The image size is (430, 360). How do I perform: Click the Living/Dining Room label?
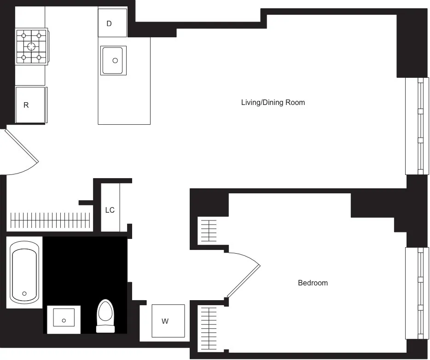pyautogui.click(x=273, y=102)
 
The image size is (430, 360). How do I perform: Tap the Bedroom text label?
pyautogui.click(x=313, y=283)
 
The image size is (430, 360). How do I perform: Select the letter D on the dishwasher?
pyautogui.click(x=109, y=23)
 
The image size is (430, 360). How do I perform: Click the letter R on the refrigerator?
pyautogui.click(x=26, y=105)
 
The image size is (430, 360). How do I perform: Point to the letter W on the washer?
pyautogui.click(x=165, y=321)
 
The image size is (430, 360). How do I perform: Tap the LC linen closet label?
pyautogui.click(x=110, y=210)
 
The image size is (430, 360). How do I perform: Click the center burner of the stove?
pyautogui.click(x=31, y=46)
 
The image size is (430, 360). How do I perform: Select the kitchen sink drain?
pyautogui.click(x=115, y=60)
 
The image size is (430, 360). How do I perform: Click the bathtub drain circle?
pyautogui.click(x=24, y=293)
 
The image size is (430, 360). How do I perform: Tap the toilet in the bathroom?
pyautogui.click(x=105, y=315)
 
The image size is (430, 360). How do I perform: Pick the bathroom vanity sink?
pyautogui.click(x=64, y=319)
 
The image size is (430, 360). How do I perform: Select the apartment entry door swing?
pyautogui.click(x=21, y=152)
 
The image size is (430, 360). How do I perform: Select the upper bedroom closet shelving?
pyautogui.click(x=209, y=230)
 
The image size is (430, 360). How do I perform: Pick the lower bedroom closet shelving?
pyautogui.click(x=209, y=328)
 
